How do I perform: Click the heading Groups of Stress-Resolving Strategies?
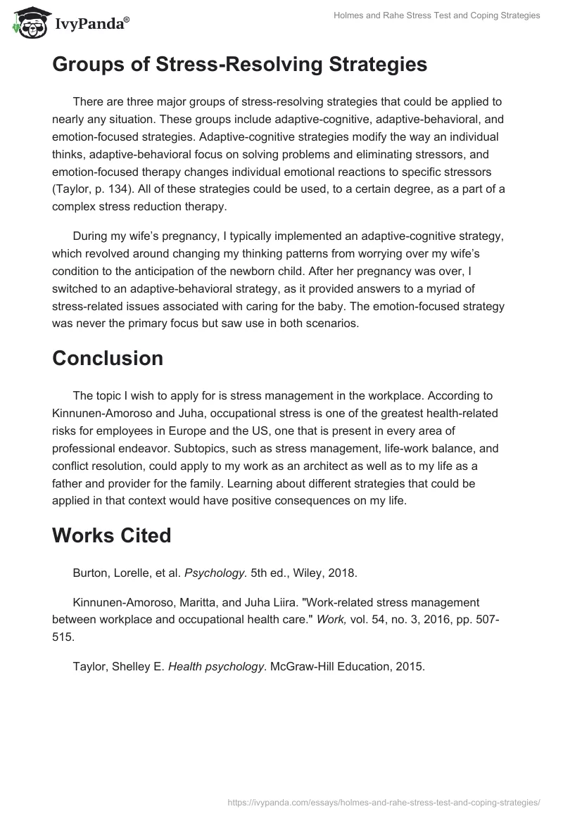click(239, 65)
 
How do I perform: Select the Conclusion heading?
click(108, 358)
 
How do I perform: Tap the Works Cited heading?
click(112, 535)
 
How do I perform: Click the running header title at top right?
click(436, 15)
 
